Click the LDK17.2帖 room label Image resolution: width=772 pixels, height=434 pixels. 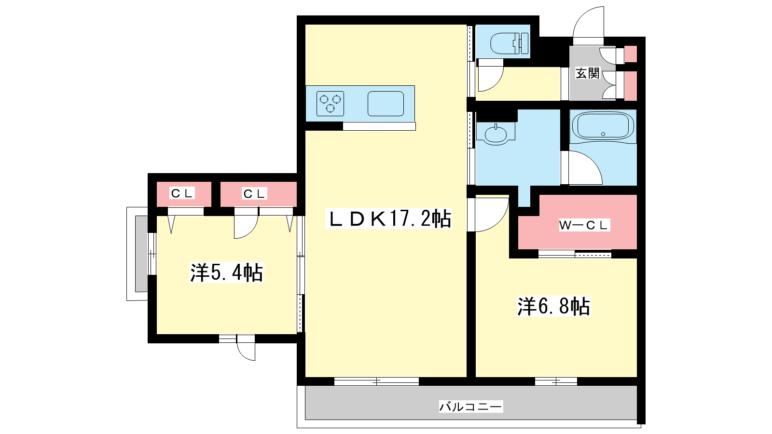pos(389,219)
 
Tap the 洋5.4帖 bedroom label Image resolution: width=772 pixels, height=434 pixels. pos(227,272)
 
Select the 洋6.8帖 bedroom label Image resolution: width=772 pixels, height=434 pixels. pos(553,306)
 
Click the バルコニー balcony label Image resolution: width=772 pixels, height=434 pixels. pos(471,407)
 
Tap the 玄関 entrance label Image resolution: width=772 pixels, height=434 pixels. pos(588,73)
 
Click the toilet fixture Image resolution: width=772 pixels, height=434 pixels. pos(510,43)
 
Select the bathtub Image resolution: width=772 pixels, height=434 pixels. pos(603,126)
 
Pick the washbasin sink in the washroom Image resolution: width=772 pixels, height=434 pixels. pos(496,134)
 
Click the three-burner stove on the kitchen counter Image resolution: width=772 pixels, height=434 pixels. pos(330,103)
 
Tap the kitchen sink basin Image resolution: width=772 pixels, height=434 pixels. pos(386,103)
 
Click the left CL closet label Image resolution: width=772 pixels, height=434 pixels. pos(182,193)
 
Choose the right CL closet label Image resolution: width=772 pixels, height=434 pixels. pos(254,193)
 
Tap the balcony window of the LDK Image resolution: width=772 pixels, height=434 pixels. pos(376,381)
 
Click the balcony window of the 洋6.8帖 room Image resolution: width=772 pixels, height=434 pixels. pos(556,381)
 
